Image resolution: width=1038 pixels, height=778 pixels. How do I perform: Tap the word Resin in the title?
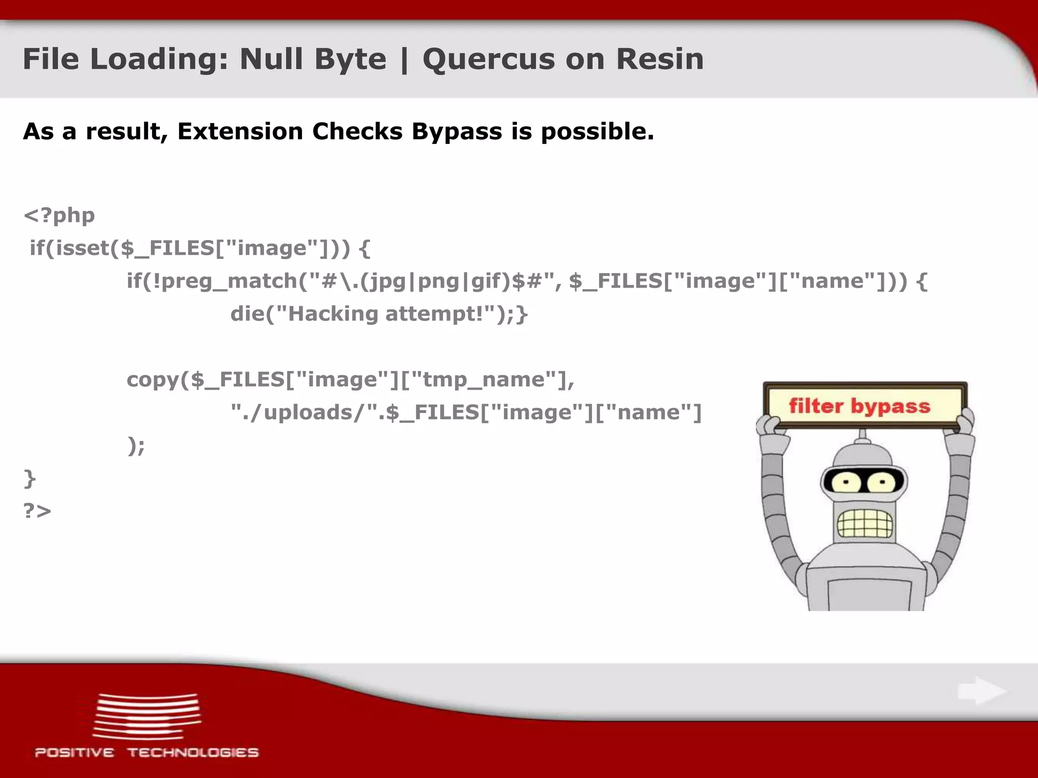click(659, 59)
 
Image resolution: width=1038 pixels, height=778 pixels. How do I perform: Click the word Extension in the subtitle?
click(240, 131)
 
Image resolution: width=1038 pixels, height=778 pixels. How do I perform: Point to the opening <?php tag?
click(59, 215)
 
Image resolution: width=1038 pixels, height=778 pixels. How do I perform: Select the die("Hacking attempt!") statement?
click(379, 314)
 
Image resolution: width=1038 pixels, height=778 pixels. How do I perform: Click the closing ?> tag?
click(38, 511)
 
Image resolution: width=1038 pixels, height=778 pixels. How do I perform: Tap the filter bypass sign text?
click(860, 406)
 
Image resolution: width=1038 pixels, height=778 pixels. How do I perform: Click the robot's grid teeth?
click(864, 522)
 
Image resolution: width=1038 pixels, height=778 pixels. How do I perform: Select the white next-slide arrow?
click(981, 691)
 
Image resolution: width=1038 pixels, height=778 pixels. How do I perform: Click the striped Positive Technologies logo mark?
click(147, 716)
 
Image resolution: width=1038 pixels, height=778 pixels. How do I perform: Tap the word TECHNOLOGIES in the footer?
click(193, 753)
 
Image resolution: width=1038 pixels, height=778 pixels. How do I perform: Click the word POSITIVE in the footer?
click(75, 753)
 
